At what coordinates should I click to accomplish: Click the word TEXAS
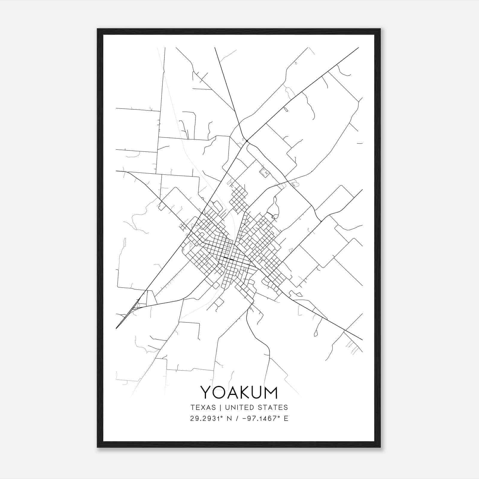point(203,407)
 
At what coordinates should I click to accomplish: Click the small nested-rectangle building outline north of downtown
point(265,172)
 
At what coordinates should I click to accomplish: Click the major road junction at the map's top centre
point(246,141)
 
